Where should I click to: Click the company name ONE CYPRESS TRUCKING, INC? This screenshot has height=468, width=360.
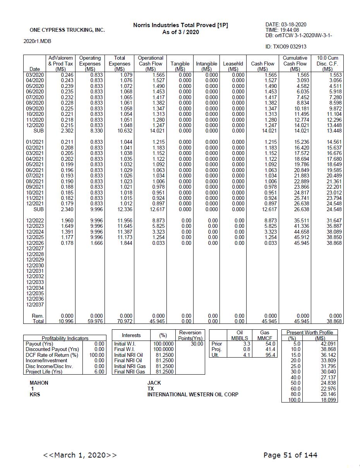[67, 30]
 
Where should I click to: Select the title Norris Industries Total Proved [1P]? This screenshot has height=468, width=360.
[180, 25]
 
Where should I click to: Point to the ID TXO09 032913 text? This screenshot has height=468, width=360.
[286, 46]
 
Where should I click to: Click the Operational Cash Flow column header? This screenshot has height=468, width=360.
[151, 64]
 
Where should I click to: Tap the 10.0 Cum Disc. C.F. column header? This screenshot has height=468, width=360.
[327, 64]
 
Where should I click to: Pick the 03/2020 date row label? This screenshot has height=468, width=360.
[35, 75]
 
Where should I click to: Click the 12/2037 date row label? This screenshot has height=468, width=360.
[35, 305]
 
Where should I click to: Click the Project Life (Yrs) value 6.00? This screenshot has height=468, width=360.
[99, 372]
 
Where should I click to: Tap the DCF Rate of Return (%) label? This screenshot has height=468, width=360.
[52, 355]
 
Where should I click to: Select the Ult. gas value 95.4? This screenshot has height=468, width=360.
[270, 355]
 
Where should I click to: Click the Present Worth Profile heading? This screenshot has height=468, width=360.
[309, 332]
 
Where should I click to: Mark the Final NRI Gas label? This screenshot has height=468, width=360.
[130, 372]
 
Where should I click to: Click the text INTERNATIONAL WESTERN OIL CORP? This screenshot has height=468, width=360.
[193, 394]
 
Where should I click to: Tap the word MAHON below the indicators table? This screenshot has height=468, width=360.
[39, 383]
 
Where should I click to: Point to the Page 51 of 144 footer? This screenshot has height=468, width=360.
[290, 455]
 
